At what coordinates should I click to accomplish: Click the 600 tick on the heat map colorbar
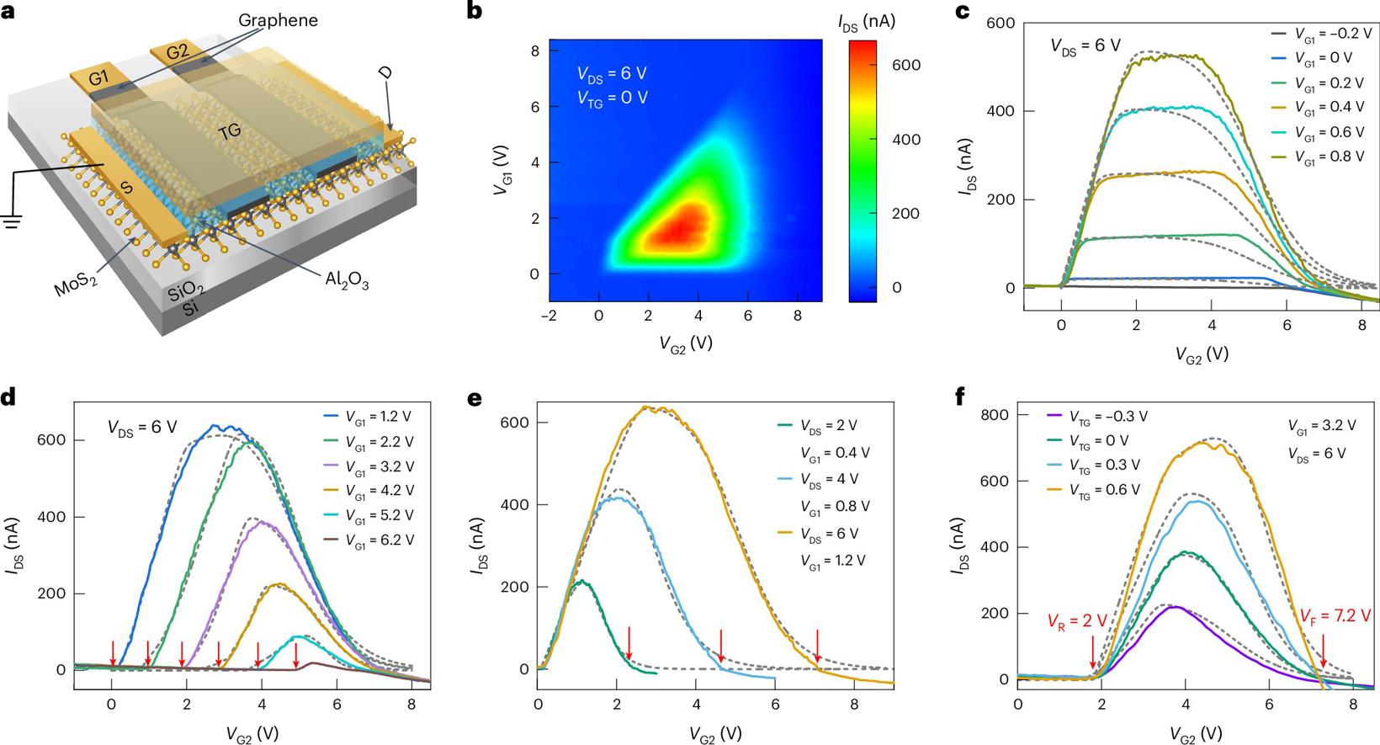905,65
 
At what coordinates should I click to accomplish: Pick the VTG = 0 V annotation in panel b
612,98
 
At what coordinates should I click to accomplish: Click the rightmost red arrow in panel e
817,643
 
